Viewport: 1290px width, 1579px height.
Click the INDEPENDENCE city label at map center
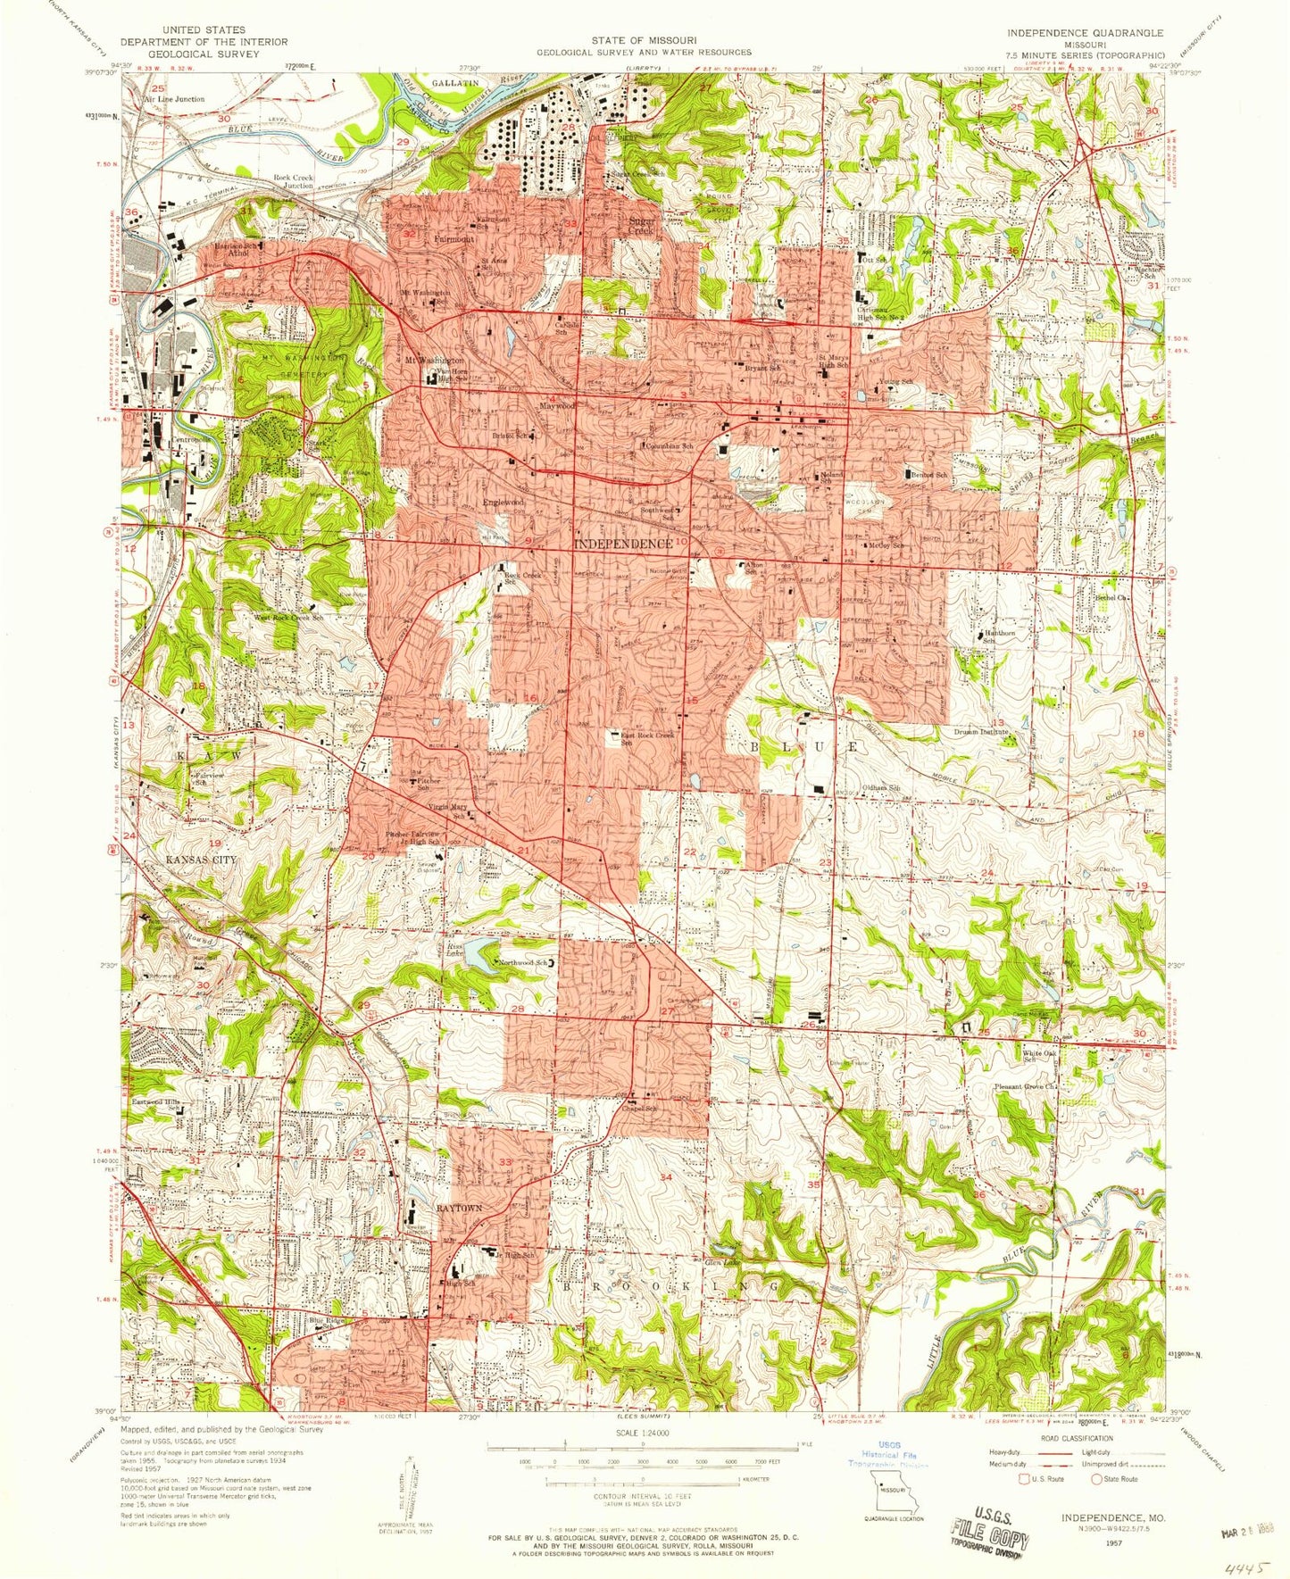click(622, 544)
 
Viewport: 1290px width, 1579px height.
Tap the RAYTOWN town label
click(459, 1208)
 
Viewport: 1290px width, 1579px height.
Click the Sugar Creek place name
click(642, 225)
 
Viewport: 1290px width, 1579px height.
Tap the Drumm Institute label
click(980, 732)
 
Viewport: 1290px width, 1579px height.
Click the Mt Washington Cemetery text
click(303, 365)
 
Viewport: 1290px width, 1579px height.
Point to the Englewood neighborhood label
click(504, 503)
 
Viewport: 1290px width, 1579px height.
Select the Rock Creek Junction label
click(293, 181)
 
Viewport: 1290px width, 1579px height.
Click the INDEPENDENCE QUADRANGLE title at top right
click(1085, 33)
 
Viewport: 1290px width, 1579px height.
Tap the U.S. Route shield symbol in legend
click(1024, 1478)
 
